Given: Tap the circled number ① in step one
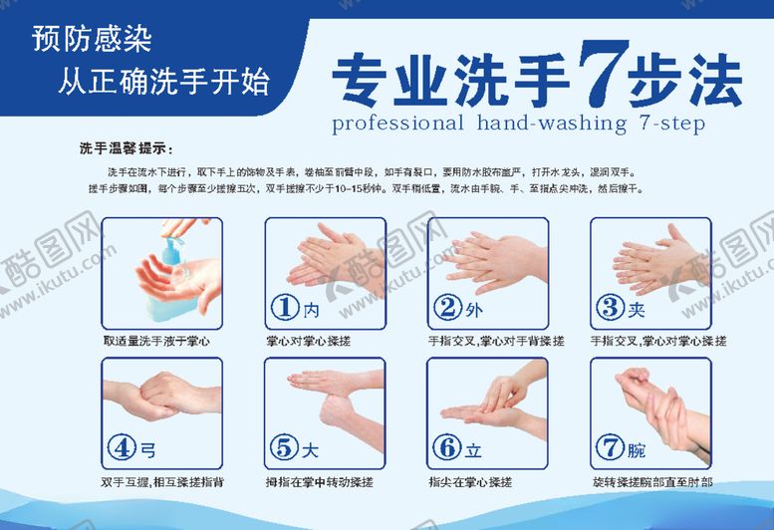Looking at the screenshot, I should pyautogui.click(x=287, y=308).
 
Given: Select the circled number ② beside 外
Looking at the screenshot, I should pyautogui.click(x=449, y=308).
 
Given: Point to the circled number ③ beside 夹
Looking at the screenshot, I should pyautogui.click(x=611, y=308).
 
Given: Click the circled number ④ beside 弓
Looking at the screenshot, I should pyautogui.click(x=124, y=448).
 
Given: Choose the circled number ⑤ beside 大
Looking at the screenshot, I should pyautogui.click(x=287, y=448).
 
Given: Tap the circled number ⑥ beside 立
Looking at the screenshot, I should pyautogui.click(x=449, y=448).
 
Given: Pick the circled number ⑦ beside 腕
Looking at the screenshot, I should pyautogui.click(x=611, y=448).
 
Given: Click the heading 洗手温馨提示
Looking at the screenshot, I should pyautogui.click(x=126, y=149).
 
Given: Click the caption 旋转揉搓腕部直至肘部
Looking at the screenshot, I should pyautogui.click(x=652, y=482).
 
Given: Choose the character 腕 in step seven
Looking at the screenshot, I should pyautogui.click(x=636, y=449).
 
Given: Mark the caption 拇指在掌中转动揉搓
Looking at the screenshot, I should pyautogui.click(x=320, y=482).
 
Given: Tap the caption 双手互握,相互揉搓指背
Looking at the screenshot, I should pyautogui.click(x=162, y=482).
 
